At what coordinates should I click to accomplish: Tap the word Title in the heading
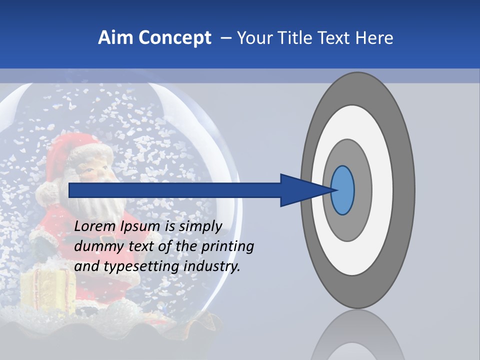[300, 38]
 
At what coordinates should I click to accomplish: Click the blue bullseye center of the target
[342, 190]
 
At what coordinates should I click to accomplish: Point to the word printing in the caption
[227, 246]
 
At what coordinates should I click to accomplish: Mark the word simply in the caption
[200, 226]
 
